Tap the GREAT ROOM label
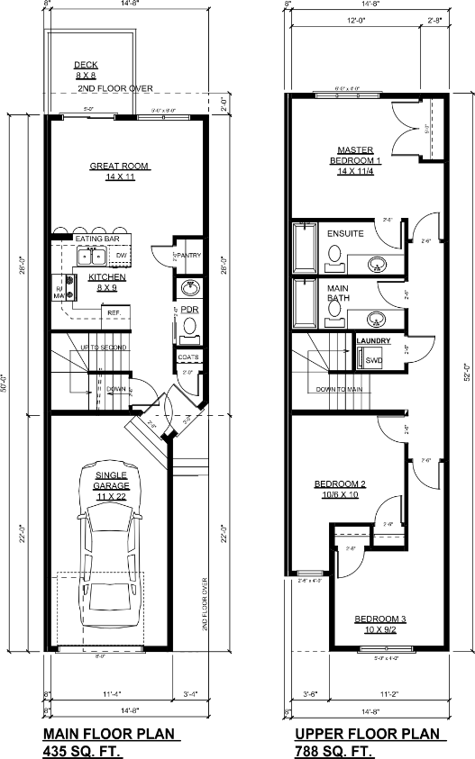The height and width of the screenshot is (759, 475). tap(119, 172)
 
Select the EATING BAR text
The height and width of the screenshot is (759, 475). tap(97, 239)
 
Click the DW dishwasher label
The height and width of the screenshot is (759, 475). tap(121, 257)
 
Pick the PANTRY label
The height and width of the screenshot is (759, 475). tap(189, 256)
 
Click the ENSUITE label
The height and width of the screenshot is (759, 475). tap(345, 233)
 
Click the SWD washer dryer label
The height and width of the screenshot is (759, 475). tap(373, 360)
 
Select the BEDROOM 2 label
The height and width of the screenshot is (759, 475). tap(336, 489)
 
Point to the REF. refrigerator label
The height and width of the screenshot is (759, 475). tap(114, 312)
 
